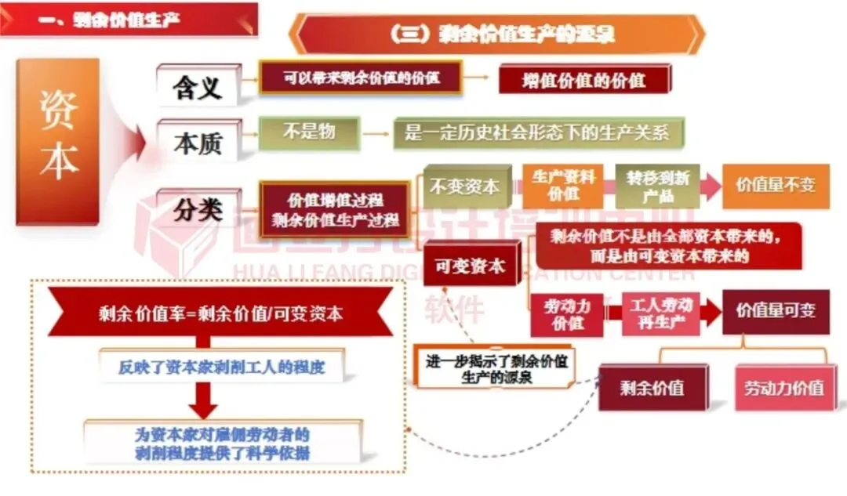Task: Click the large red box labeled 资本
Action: tap(58, 141)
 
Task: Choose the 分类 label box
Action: tap(197, 208)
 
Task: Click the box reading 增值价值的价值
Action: tap(584, 79)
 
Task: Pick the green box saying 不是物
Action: tap(309, 132)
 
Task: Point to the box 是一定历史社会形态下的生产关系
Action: tap(537, 133)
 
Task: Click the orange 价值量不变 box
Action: tap(775, 186)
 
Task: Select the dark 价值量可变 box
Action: tap(775, 311)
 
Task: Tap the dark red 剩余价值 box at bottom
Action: tap(652, 387)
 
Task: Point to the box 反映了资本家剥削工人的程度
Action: tap(220, 366)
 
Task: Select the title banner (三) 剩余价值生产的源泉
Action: tap(498, 34)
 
